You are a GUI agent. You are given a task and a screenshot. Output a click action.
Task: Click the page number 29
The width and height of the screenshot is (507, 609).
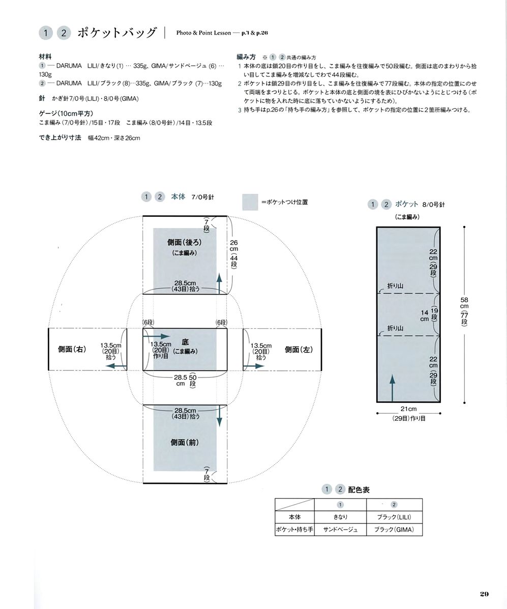[x=484, y=594]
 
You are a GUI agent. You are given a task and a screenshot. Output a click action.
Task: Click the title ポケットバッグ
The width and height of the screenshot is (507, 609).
[x=117, y=33]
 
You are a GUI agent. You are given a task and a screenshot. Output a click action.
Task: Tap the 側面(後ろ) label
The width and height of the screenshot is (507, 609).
[x=185, y=242]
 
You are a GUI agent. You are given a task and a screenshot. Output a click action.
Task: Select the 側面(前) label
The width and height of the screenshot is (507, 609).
[x=185, y=443]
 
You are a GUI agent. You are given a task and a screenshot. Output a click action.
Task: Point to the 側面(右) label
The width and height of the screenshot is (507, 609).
[x=72, y=349]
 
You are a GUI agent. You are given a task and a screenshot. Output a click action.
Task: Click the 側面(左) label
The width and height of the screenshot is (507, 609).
[x=299, y=350]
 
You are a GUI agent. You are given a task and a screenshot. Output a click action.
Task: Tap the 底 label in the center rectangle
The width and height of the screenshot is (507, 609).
[x=185, y=342]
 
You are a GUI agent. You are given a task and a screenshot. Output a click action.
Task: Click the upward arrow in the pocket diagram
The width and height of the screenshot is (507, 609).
[x=392, y=388]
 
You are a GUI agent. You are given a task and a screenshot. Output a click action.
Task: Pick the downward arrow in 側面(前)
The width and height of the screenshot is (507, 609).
[x=219, y=416]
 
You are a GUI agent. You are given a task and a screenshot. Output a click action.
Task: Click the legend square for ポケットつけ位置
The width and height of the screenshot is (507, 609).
[x=250, y=202]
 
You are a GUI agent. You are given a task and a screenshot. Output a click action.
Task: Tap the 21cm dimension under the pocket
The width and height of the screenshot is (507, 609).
[x=408, y=409]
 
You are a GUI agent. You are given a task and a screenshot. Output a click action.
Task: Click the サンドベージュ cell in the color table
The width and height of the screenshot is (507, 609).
[x=341, y=530]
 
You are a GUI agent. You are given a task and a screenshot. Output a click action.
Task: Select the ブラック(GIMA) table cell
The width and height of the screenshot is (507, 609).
[x=394, y=530]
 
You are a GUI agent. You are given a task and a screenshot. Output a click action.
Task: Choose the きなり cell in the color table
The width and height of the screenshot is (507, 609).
[x=341, y=517]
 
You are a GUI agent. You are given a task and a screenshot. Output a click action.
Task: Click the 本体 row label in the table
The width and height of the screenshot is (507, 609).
[x=294, y=517]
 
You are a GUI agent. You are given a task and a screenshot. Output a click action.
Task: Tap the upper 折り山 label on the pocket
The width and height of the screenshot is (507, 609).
[x=395, y=286]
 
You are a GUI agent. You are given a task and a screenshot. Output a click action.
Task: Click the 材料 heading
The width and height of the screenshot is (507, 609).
[x=45, y=56]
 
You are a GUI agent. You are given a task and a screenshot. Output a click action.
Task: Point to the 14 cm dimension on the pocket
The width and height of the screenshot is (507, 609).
[x=424, y=315]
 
